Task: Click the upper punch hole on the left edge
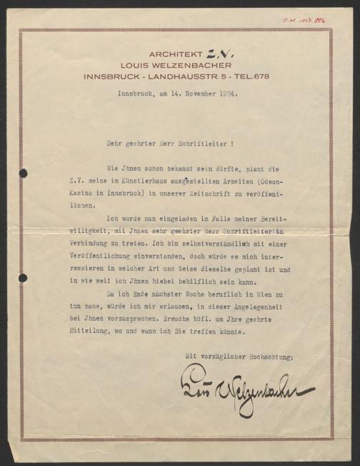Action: pos(24,173)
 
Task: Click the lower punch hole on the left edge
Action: pos(24,277)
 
